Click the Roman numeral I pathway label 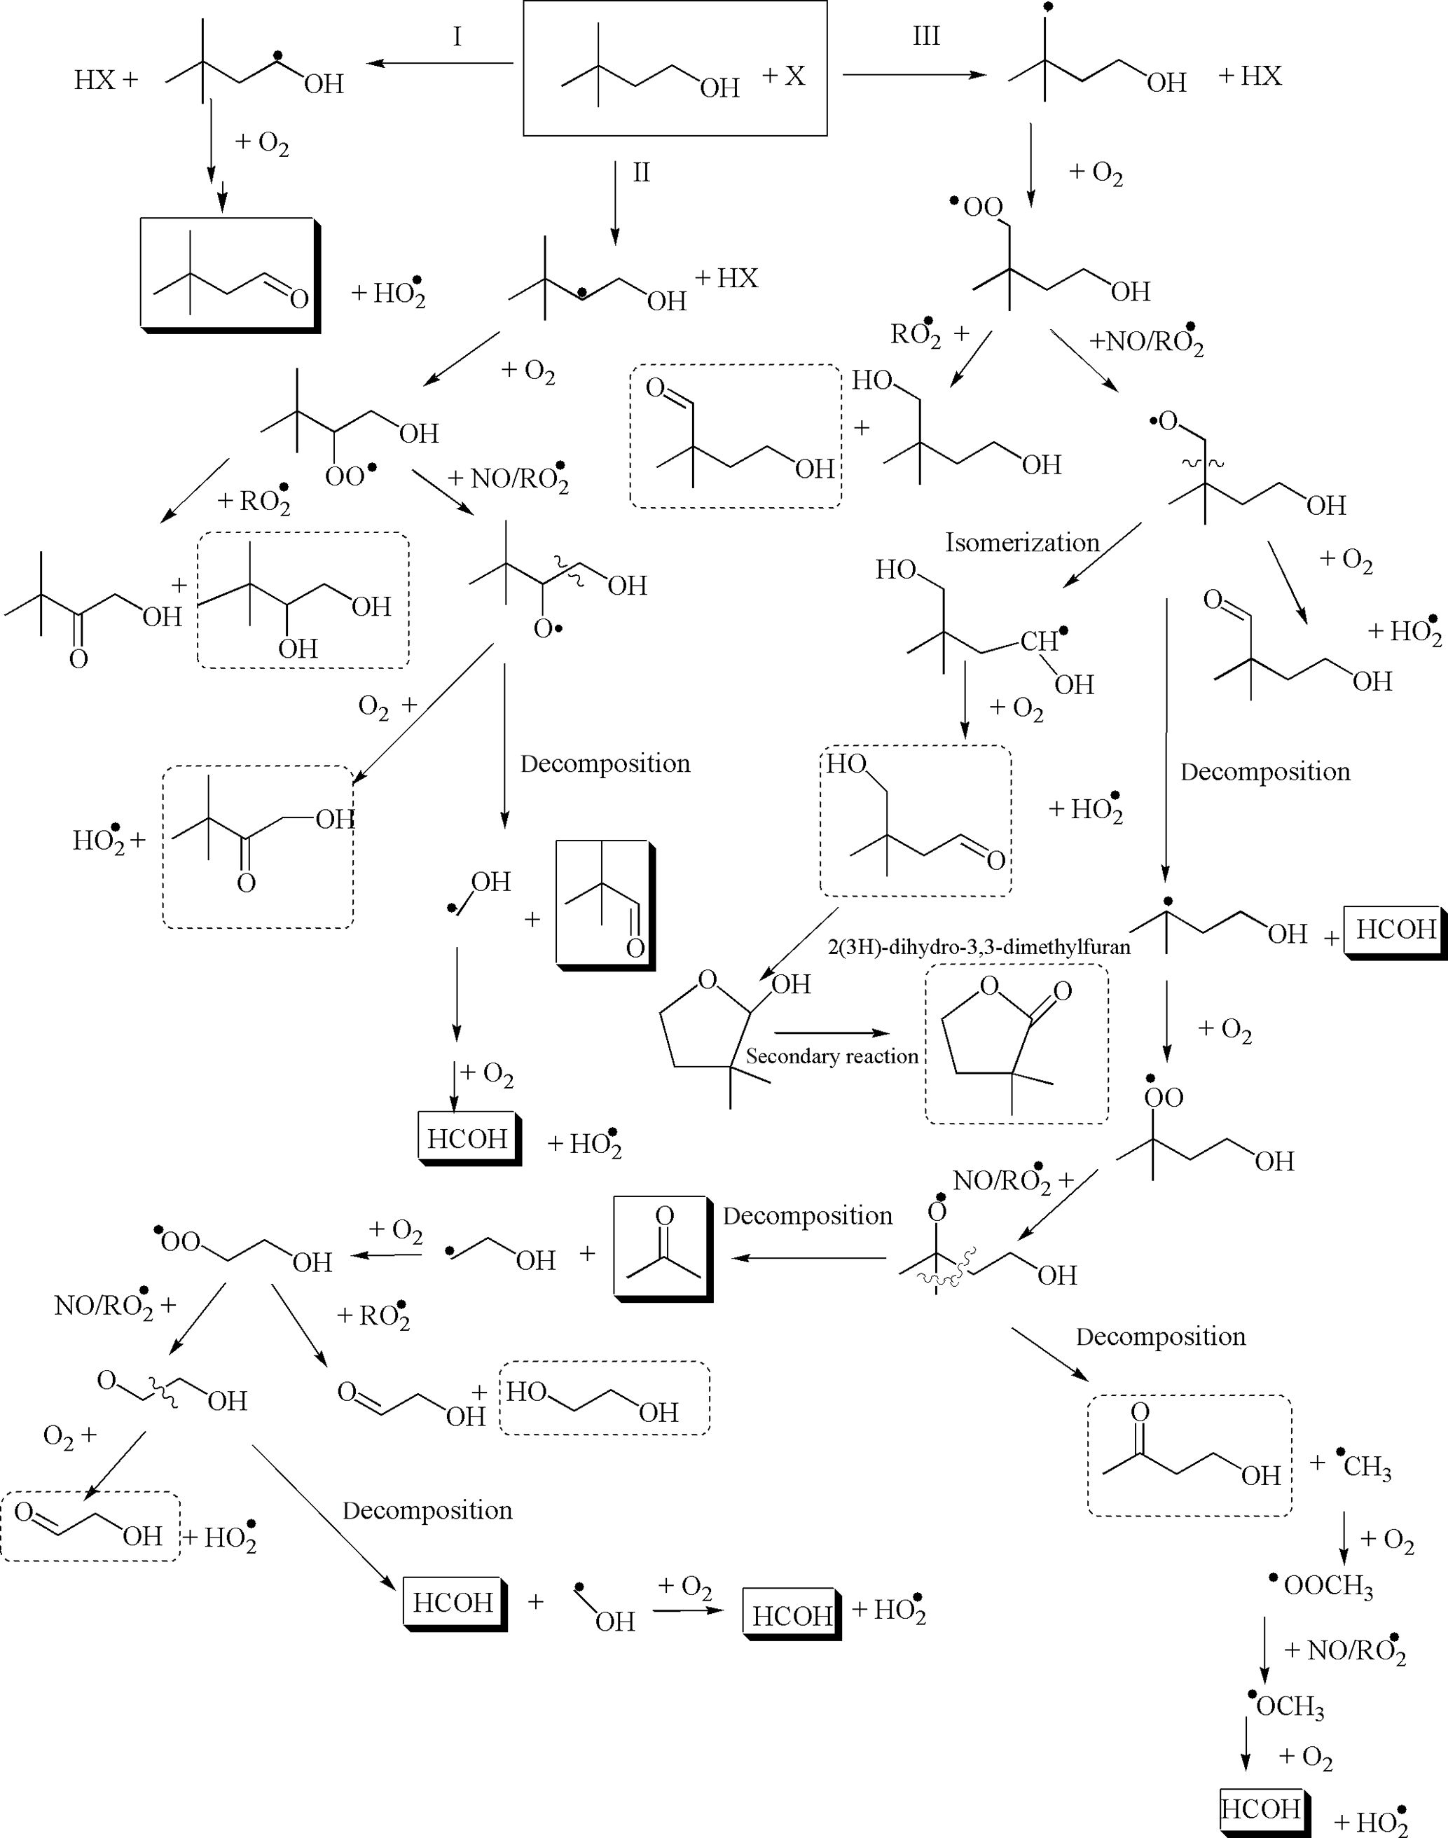[457, 36]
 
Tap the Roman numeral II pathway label [641, 173]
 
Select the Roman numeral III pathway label [926, 36]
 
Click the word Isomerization [1021, 543]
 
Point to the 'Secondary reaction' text [832, 1056]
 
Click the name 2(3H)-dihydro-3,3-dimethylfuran [979, 947]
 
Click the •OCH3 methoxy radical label [1286, 1706]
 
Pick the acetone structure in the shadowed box [661, 1248]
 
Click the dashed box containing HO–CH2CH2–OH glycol [605, 1398]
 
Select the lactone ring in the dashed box [1016, 1044]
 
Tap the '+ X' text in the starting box [783, 76]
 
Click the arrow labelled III [915, 75]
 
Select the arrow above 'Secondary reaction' [832, 1032]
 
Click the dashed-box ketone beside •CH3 [1189, 1455]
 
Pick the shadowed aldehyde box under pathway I [230, 274]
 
